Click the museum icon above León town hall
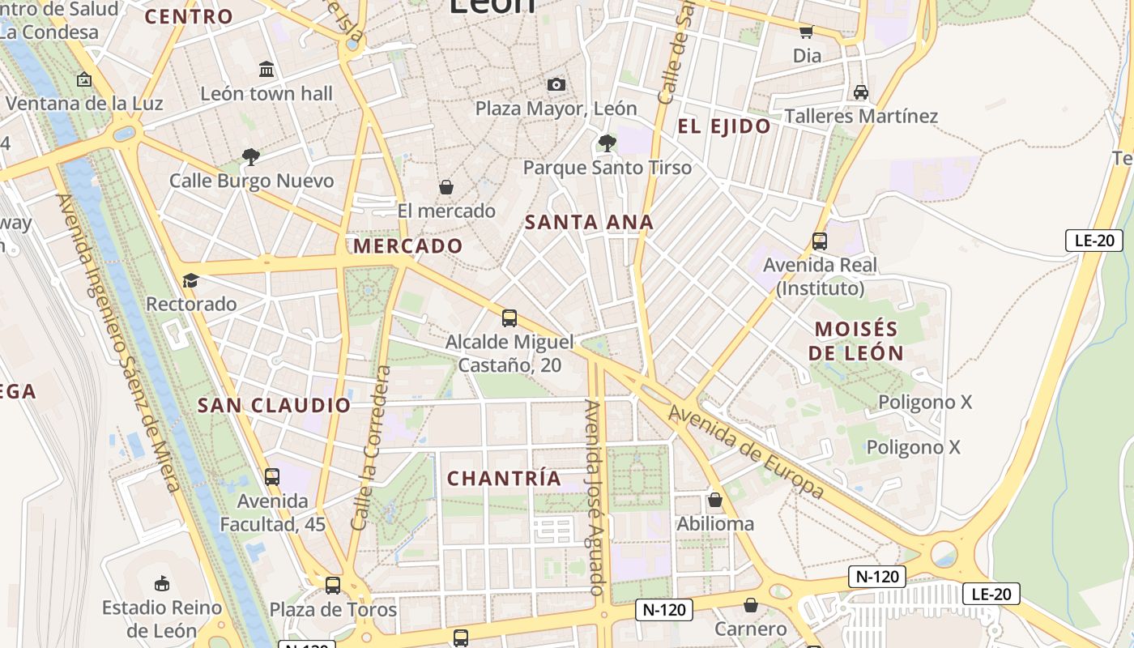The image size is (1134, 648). tap(266, 70)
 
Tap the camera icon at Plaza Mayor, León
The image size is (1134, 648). tap(556, 84)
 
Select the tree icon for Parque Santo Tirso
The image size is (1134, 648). tap(607, 143)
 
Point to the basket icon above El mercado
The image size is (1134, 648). tap(446, 187)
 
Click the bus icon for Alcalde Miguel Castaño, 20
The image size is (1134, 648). tap(509, 318)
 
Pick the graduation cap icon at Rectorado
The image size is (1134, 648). tap(190, 280)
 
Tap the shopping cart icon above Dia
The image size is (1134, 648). tap(806, 32)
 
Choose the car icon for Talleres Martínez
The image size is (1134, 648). tap(860, 92)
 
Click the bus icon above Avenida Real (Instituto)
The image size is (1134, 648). tap(820, 241)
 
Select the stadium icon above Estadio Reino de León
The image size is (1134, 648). tap(161, 583)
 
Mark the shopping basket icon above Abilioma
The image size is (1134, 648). tap(714, 500)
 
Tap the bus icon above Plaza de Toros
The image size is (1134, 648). tap(332, 585)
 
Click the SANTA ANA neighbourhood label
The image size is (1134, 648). tap(589, 222)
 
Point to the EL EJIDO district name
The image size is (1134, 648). tap(724, 126)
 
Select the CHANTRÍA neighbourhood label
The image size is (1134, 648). tap(504, 478)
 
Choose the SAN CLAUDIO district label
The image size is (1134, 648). tap(274, 405)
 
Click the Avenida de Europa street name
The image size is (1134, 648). tap(746, 451)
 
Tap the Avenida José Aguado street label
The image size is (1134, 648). tap(597, 497)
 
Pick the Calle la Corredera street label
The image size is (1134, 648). tap(371, 448)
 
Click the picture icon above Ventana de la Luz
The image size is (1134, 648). tap(83, 79)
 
